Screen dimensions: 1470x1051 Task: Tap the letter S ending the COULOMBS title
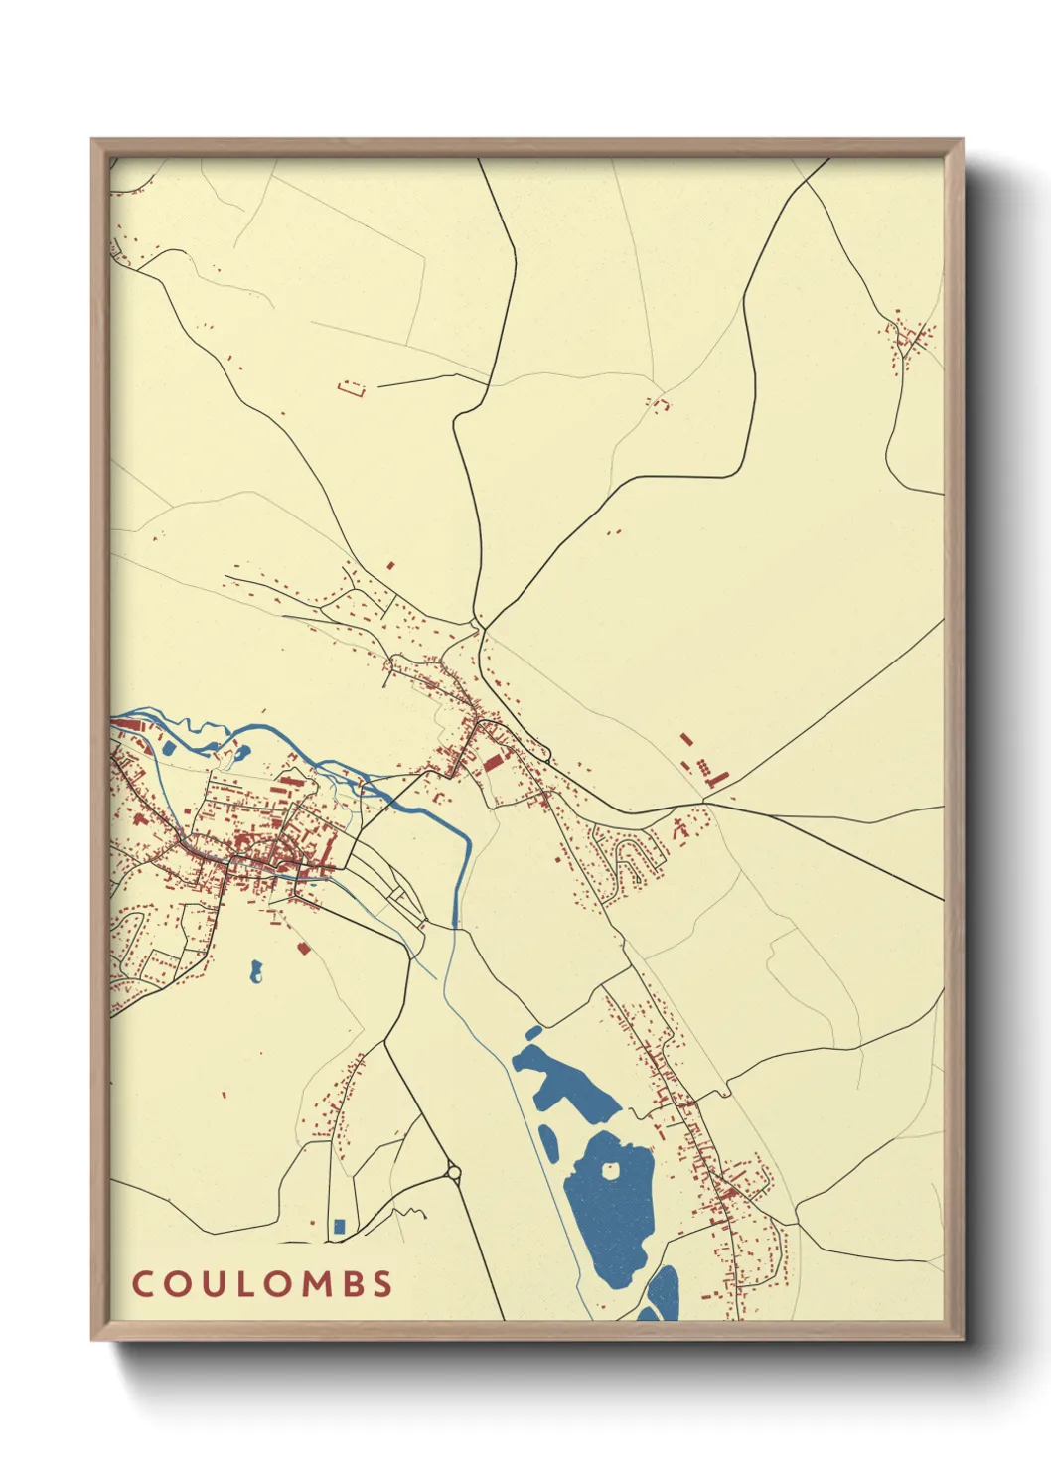(x=382, y=1283)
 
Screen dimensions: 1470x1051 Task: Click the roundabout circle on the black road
(x=454, y=1173)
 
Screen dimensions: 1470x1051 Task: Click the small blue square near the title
(x=339, y=1226)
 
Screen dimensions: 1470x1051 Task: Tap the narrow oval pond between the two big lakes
(x=548, y=1142)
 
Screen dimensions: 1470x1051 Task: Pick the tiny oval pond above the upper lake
(x=533, y=1032)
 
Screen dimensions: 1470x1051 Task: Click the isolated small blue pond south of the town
(x=256, y=971)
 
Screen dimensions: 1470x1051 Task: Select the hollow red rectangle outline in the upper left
(x=352, y=387)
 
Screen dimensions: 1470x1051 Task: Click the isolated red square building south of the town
(x=304, y=949)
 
